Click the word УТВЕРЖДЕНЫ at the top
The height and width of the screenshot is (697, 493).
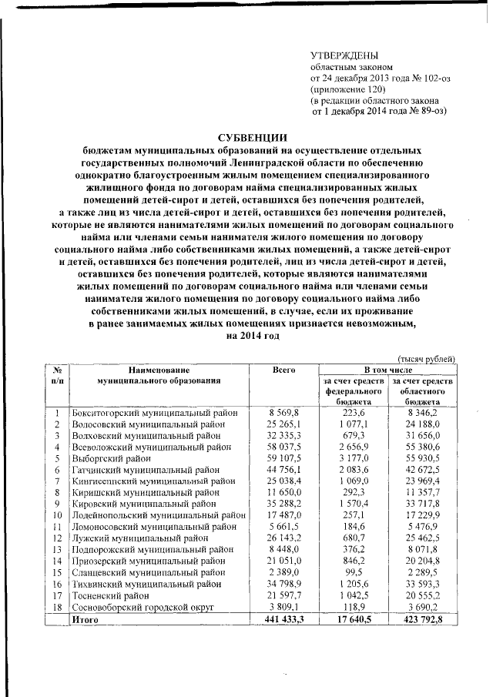344,55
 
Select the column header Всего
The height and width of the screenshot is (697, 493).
284,370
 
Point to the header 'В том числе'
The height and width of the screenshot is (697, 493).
389,370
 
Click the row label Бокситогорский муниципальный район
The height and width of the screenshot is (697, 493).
154,414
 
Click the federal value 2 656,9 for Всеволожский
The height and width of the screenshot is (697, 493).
357,446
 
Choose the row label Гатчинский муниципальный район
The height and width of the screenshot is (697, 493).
147,467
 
